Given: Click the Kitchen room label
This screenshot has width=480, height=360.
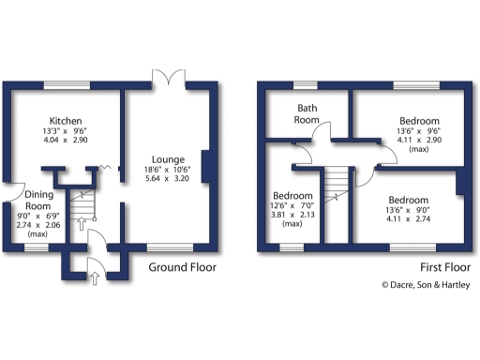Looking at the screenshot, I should tap(67, 122).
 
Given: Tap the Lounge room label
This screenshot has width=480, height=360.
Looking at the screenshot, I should tap(164, 158).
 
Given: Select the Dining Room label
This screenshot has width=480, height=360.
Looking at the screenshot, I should tap(37, 199).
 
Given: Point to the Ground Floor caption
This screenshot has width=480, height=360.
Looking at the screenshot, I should tap(183, 267).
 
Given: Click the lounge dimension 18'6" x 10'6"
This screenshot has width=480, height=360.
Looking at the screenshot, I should tap(164, 169).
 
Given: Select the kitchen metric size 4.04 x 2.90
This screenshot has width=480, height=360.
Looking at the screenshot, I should tap(67, 140).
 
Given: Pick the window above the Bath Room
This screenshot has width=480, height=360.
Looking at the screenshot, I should tap(306, 85).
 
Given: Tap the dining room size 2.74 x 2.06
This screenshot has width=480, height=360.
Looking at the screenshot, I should tap(37, 227).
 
